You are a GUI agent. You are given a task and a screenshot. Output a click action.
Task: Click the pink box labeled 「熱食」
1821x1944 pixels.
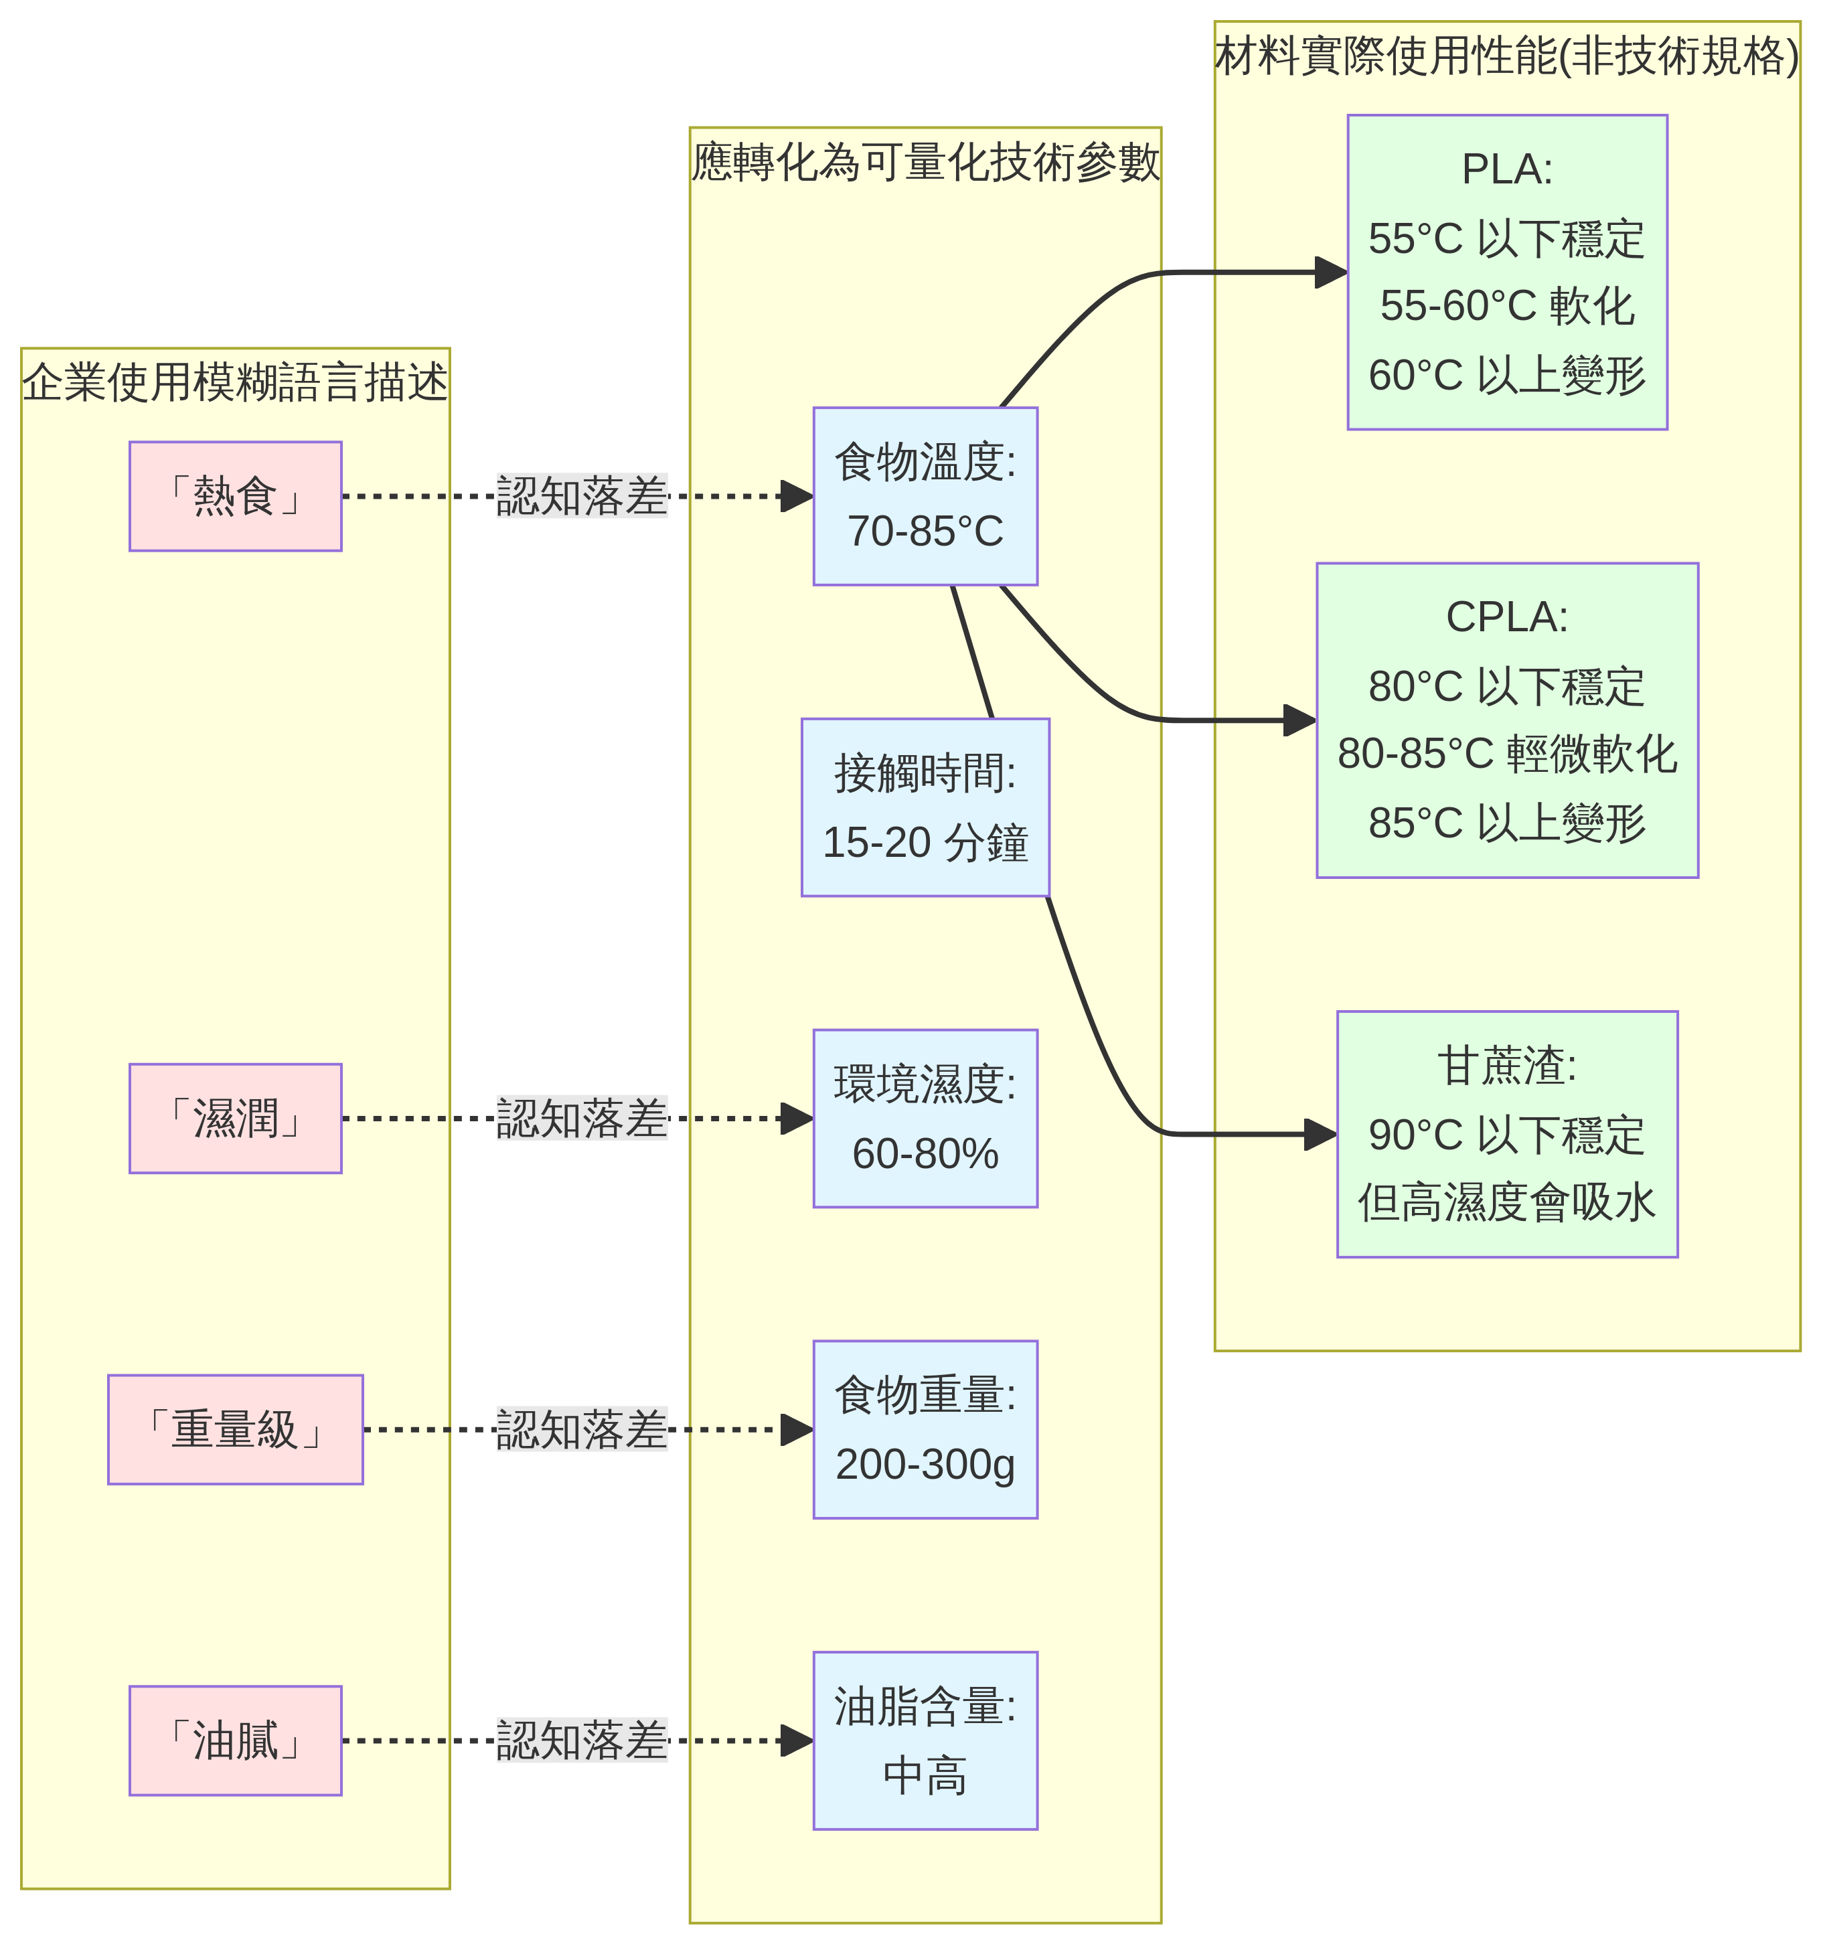coord(235,496)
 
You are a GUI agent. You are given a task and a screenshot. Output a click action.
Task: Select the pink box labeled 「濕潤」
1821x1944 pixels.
coord(235,1118)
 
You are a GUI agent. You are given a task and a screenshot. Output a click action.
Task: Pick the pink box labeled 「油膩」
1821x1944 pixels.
coord(235,1740)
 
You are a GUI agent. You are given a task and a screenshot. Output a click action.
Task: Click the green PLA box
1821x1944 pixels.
coord(1506,272)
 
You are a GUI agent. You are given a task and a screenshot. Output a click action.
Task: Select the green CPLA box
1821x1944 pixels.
coord(1506,720)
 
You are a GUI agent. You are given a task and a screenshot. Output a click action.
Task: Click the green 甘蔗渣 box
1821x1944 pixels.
coord(1506,1134)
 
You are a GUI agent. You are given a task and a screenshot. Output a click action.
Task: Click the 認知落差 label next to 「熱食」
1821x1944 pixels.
coord(581,496)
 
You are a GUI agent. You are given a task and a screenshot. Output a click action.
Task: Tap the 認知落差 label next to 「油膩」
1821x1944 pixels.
coord(581,1740)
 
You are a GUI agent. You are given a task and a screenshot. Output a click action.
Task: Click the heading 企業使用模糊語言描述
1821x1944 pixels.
coord(235,382)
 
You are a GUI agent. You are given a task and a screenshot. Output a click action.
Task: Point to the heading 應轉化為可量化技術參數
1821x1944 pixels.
coord(925,161)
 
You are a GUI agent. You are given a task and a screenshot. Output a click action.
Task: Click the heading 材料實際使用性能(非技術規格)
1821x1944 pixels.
coord(1506,56)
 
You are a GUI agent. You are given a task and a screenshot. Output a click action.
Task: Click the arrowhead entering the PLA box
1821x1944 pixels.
coord(1332,272)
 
